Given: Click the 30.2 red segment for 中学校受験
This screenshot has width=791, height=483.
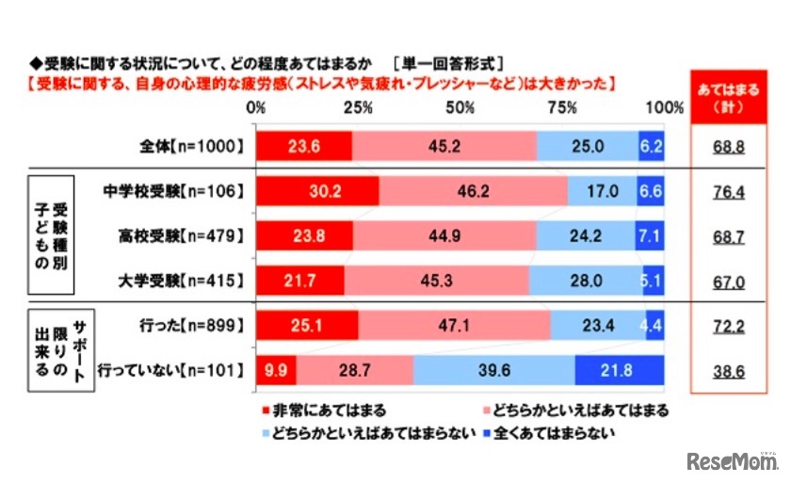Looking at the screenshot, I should coord(316,190).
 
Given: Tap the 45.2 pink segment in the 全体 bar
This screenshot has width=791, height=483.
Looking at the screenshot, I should coord(444,145).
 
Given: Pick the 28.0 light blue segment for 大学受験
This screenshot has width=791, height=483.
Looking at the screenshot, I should coord(586,280).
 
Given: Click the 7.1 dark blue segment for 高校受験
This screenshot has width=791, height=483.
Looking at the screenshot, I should coord(651,234).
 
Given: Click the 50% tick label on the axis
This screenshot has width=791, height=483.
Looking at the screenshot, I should coord(460,108).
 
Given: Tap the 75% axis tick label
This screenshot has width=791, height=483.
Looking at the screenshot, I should coord(562,108).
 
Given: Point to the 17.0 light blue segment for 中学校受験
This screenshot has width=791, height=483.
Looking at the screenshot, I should coord(602,190).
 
